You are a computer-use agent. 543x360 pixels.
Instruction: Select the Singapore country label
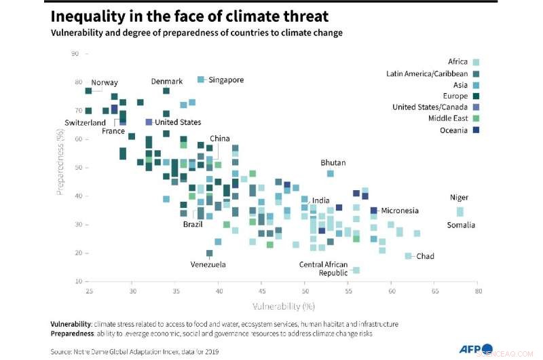tap(226, 80)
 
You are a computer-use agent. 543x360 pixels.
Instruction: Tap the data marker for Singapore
tap(201, 79)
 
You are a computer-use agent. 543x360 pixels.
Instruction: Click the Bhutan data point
tap(331, 173)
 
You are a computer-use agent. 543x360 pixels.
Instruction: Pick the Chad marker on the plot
tap(408, 256)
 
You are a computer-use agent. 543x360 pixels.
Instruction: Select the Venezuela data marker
tap(209, 253)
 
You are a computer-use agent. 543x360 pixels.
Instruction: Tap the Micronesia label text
tap(400, 211)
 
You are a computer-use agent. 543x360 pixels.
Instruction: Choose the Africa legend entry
tap(458, 62)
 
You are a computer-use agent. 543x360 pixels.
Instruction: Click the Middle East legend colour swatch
tap(476, 119)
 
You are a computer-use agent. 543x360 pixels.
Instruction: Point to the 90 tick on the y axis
tap(75, 53)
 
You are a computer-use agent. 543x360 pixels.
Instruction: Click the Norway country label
tap(105, 83)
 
